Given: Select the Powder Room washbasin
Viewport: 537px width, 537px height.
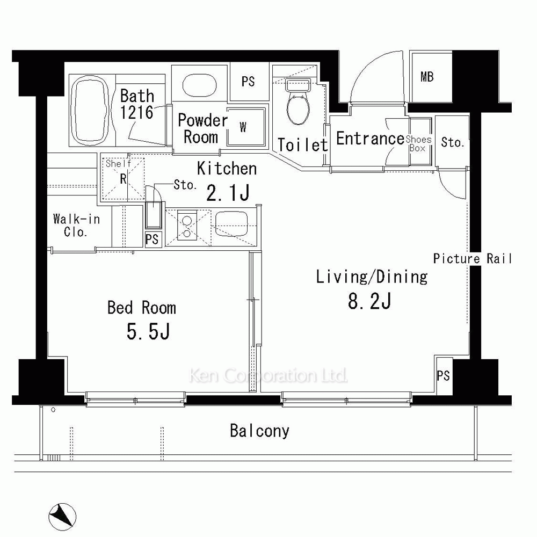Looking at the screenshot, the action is [x=199, y=85].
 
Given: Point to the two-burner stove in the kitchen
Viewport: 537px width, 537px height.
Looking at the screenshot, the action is [x=187, y=226].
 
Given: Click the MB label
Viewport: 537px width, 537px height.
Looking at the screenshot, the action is [x=427, y=77].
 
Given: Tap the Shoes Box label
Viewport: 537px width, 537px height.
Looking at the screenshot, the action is [x=418, y=144].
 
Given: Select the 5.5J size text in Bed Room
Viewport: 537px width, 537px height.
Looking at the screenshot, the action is [x=148, y=331].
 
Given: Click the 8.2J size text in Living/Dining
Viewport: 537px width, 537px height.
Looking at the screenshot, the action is [x=369, y=301].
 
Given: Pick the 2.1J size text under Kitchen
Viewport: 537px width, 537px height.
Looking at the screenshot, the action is [x=227, y=193].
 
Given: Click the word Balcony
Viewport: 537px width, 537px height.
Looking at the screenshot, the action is [x=259, y=431].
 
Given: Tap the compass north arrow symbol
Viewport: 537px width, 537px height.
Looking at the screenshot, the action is [x=62, y=517].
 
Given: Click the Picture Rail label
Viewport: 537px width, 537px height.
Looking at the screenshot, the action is [x=472, y=259].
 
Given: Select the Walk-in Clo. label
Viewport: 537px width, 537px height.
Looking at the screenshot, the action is [x=76, y=226].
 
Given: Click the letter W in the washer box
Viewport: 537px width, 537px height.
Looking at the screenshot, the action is [x=243, y=127].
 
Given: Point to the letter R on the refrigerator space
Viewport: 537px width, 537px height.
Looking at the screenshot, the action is [x=124, y=178].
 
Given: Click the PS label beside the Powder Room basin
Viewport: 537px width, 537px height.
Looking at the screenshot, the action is [x=248, y=82].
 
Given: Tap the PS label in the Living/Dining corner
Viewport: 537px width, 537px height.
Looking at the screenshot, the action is [x=443, y=376].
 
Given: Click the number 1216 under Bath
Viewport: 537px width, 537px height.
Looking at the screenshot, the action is [x=136, y=112].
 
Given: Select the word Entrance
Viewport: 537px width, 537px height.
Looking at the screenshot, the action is [x=370, y=139].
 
